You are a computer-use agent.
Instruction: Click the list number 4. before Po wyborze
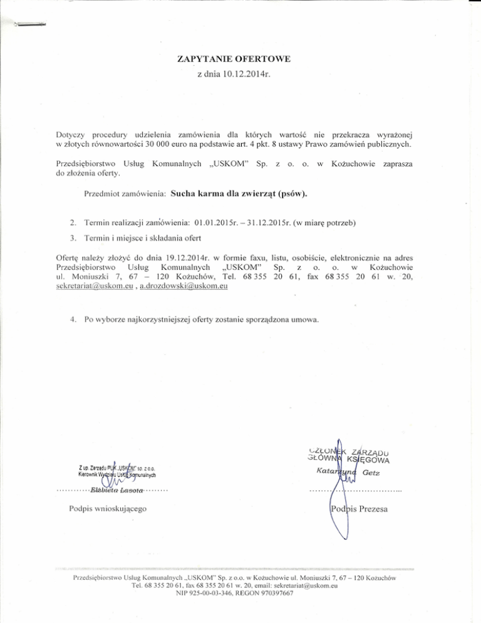(74, 320)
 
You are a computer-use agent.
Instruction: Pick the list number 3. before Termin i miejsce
(74, 238)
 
